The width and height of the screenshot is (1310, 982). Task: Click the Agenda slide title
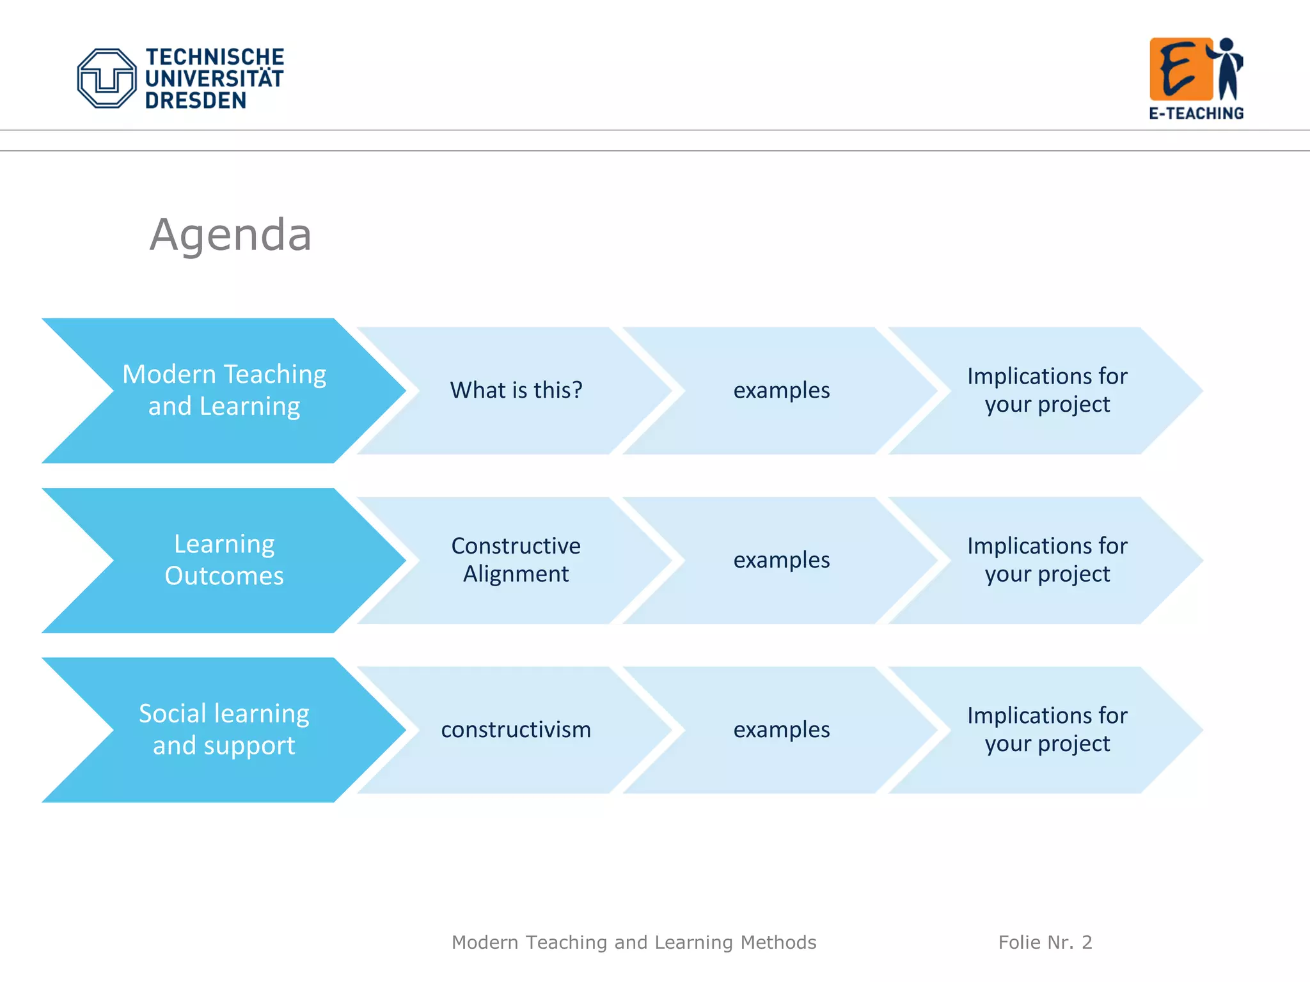click(230, 235)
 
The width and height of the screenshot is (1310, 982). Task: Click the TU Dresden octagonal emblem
click(107, 78)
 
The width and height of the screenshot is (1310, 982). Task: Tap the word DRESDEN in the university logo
click(196, 100)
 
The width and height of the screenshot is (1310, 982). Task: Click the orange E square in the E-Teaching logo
click(1181, 69)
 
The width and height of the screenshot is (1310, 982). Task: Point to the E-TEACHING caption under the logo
click(1196, 113)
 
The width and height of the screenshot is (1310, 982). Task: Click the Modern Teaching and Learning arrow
click(224, 390)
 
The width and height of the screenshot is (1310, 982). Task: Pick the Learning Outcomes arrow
click(224, 560)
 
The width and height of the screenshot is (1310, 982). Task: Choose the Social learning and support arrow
click(224, 729)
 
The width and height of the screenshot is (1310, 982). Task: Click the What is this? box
click(516, 390)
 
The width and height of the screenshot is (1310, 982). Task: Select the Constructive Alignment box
click(516, 560)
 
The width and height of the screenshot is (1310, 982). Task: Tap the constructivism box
click(516, 729)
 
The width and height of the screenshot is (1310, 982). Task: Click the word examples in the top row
click(782, 390)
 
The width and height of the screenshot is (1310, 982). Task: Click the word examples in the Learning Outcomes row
click(782, 560)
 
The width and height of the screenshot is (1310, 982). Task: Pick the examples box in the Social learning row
click(782, 729)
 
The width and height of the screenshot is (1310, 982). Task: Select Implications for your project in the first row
click(1047, 390)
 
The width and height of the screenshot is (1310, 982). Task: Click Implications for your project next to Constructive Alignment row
click(1047, 560)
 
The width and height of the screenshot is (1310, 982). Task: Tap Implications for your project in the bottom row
click(1047, 729)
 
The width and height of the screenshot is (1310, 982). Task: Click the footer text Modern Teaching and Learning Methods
click(634, 942)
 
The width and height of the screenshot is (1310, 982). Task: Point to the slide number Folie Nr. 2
click(1045, 942)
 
